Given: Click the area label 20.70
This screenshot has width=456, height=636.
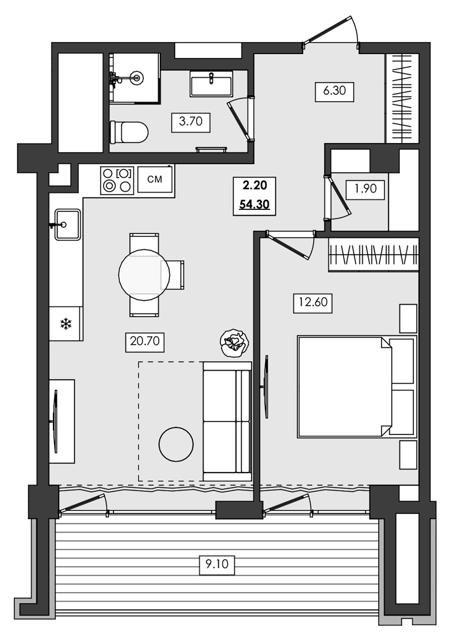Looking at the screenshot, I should coord(146,343).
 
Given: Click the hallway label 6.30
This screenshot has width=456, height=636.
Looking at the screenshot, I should coord(334,91).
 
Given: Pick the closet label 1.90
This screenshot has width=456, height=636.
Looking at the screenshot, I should coord(364,189).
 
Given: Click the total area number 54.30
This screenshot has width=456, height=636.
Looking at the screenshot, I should coord(255,205).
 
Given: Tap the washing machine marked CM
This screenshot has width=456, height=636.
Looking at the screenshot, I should coord(155,180).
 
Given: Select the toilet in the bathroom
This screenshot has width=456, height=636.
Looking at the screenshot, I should coord(129,133).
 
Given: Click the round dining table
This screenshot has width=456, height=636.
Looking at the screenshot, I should coord(145,275).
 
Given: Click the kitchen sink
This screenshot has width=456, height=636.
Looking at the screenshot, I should coord(67,225).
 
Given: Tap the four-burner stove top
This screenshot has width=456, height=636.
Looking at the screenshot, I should coord(117,180).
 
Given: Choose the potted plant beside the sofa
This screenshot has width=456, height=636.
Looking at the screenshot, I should coord(233,343).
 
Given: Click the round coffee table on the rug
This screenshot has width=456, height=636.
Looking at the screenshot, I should coord(176,444).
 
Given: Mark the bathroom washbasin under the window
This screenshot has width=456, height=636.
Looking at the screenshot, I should coord(210,84).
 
